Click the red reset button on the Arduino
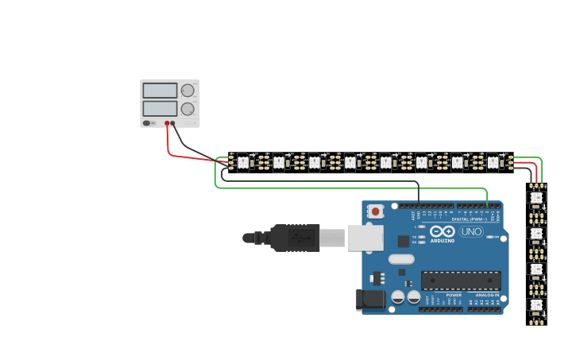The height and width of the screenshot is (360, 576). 376,211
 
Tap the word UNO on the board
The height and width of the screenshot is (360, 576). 471,232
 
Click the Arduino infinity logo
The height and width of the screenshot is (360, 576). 442,231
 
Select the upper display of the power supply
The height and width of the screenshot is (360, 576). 160,91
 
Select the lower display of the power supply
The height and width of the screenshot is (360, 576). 160,108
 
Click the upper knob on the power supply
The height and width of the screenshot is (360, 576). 187,91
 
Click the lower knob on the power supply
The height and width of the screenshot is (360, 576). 187,109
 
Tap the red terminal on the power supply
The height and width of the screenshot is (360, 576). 167,123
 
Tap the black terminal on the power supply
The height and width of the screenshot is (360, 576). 174,123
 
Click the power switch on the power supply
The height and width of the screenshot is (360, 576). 147,123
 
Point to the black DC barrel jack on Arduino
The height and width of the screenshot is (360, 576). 371,299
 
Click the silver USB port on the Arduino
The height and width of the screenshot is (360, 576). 365,237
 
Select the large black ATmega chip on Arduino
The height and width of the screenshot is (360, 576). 461,280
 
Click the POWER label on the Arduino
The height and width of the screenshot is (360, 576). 453,295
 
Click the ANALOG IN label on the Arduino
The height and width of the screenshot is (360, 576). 487,295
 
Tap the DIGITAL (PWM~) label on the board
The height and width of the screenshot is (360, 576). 470,219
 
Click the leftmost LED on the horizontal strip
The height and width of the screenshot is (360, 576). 243,162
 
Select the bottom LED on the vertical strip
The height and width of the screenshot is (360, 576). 536,304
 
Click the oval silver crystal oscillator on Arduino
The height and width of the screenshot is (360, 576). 401,258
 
